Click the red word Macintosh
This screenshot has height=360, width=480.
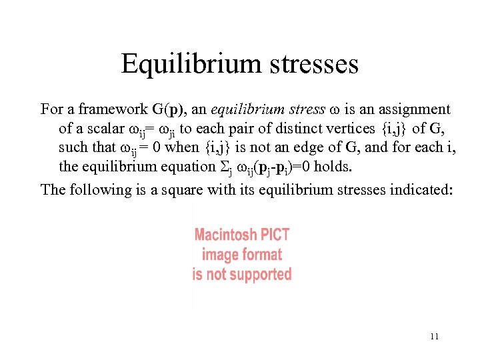225,235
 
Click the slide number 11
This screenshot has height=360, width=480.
434,337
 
